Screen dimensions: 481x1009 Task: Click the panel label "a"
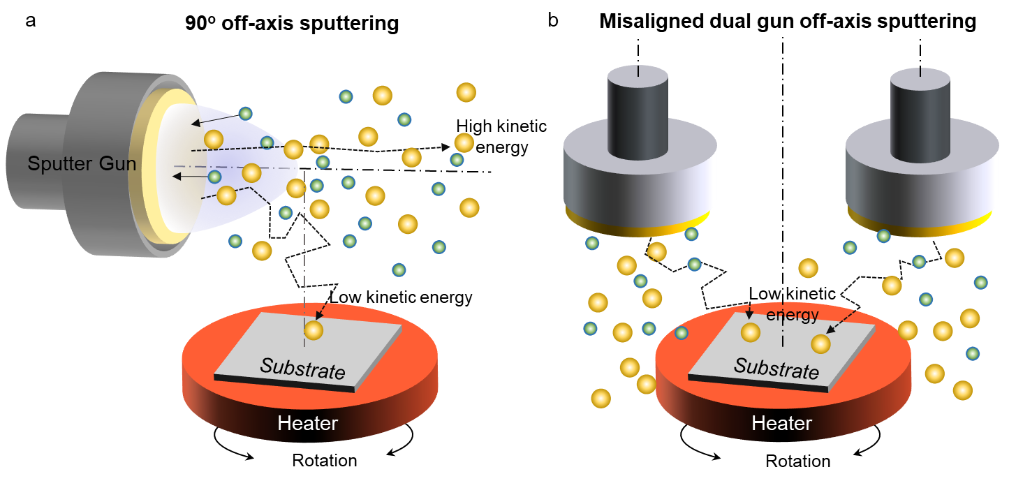30,21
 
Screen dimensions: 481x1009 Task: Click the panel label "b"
552,21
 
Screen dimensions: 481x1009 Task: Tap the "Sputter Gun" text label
82,164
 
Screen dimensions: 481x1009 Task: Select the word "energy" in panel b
792,315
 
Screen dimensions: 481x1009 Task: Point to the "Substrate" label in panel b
776,368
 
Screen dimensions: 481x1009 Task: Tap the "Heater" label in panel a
307,423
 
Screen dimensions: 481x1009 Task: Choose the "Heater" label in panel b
781,423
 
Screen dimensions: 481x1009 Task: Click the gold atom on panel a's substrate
314,330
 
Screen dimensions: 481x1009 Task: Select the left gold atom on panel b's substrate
750,332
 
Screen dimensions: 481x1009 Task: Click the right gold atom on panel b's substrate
820,343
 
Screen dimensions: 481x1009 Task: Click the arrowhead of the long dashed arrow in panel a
448,147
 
